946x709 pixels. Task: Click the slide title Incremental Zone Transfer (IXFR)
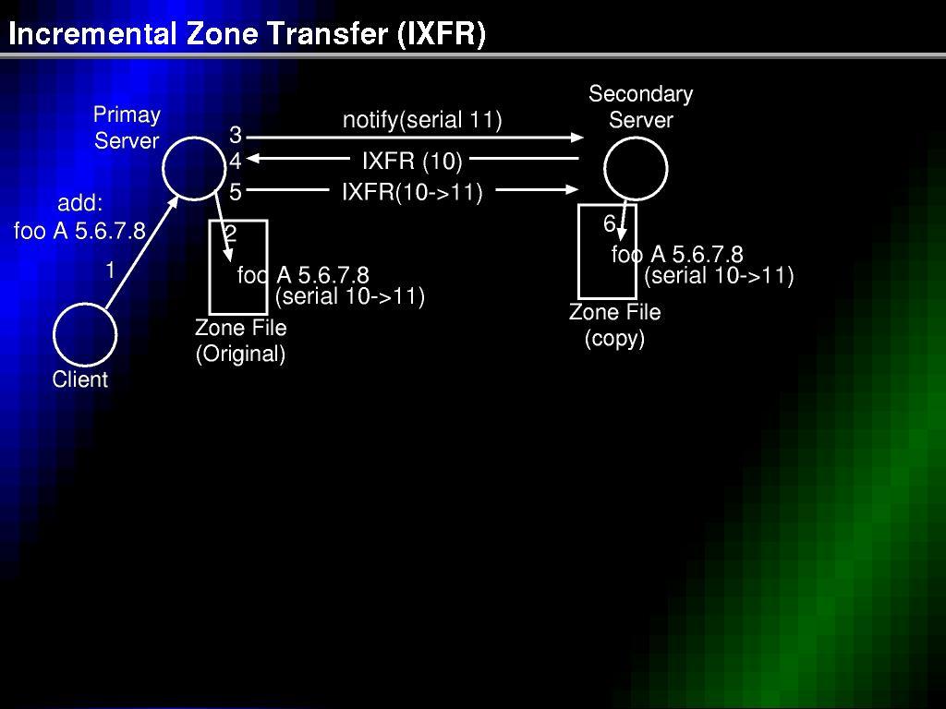(247, 34)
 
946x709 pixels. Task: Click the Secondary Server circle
(636, 139)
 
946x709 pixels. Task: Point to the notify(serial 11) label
(422, 120)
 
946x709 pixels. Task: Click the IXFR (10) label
(412, 161)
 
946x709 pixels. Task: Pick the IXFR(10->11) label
(412, 192)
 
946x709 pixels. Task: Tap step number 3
(236, 135)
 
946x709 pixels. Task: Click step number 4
(236, 161)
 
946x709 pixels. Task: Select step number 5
(236, 192)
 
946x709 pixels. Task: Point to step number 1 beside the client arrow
(110, 270)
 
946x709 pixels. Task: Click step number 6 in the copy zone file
(610, 223)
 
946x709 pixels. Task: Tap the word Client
(80, 379)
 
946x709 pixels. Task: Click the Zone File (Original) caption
(241, 341)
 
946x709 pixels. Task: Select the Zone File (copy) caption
(614, 325)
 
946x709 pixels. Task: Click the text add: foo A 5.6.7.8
(79, 217)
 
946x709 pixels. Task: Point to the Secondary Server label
(641, 107)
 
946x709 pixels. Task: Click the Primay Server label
(127, 127)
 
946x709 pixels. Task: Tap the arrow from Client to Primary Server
(141, 252)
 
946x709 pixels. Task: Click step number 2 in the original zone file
(230, 233)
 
